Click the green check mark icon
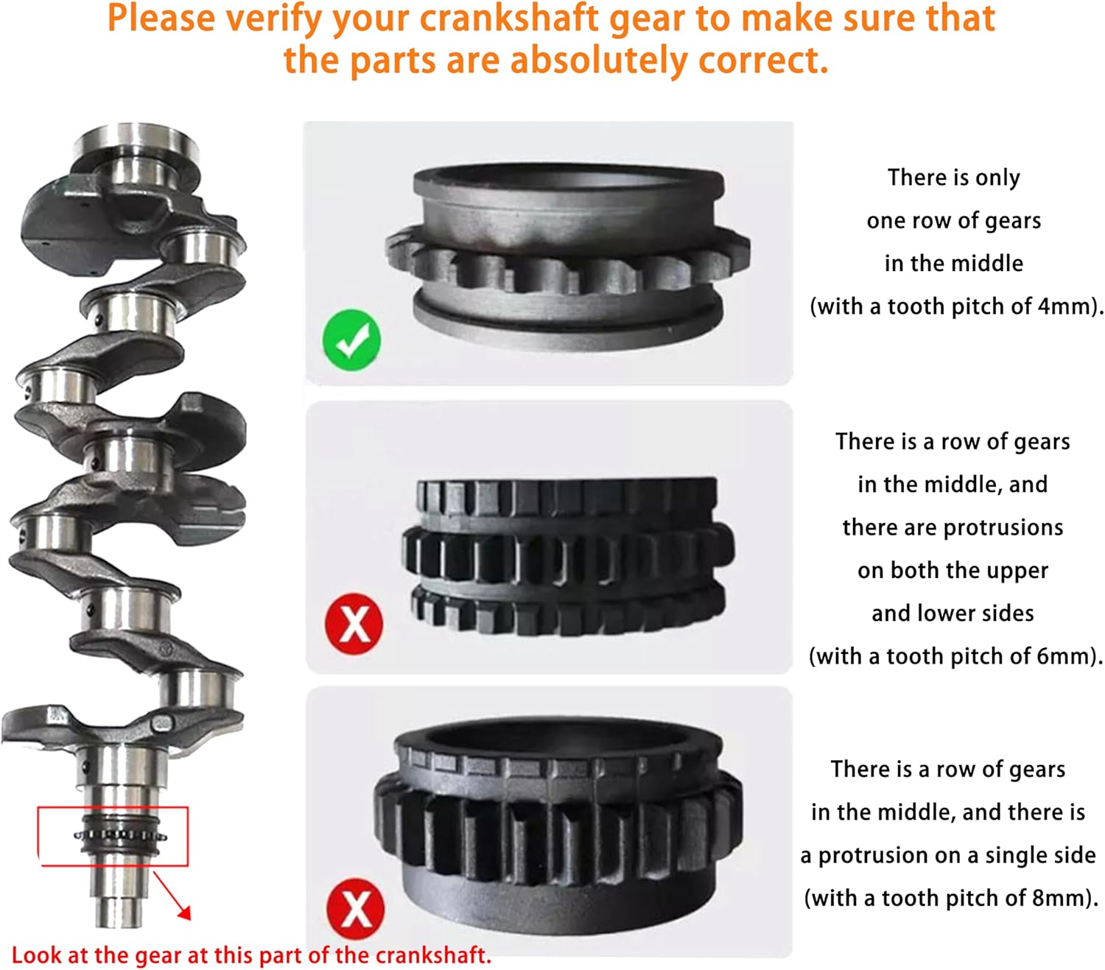pos(351,340)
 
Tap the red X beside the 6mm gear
pos(354,623)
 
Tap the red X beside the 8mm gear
pos(356,909)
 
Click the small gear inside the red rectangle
pos(120,835)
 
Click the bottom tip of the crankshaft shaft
pos(119,925)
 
